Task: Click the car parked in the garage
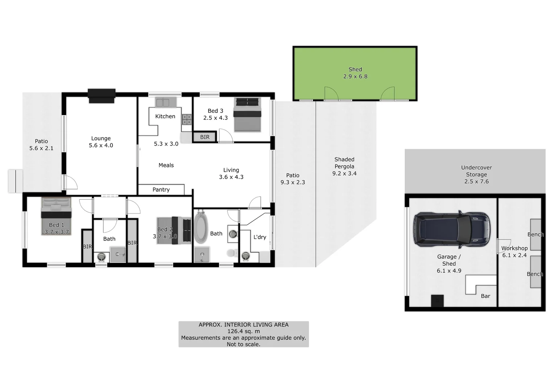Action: [x=452, y=229]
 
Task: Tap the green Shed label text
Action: [x=355, y=69]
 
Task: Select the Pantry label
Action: [x=161, y=189]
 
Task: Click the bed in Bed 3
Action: [x=247, y=114]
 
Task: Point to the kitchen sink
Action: [x=162, y=102]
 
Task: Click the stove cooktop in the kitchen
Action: [x=187, y=119]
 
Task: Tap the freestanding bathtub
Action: [x=200, y=228]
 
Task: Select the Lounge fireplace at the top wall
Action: [x=102, y=96]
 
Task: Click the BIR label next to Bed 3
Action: [x=204, y=137]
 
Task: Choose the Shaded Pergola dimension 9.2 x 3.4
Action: [x=344, y=173]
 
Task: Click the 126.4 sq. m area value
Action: [x=243, y=331]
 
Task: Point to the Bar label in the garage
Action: [x=485, y=296]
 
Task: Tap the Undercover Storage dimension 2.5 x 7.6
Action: [x=476, y=181]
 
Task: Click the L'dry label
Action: [x=260, y=237]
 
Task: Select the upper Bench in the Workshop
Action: [x=536, y=234]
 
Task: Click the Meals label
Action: [x=166, y=165]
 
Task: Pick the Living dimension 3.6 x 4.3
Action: [x=231, y=177]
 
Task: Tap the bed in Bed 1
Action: [x=56, y=216]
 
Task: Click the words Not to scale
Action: [x=243, y=344]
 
